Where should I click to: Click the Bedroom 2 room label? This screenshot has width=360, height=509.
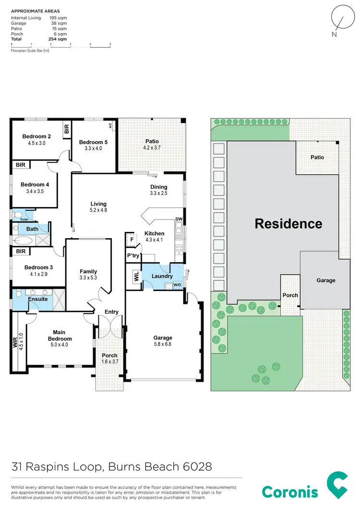click(x=36, y=136)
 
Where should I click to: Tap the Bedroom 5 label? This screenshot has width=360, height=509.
click(x=94, y=142)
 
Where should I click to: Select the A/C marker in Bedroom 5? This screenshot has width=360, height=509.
click(x=110, y=126)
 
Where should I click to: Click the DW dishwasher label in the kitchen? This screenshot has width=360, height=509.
click(x=179, y=219)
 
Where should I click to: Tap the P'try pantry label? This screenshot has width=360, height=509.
click(x=133, y=256)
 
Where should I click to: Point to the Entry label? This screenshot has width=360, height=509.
click(x=111, y=312)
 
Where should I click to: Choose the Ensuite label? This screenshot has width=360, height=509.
click(x=37, y=299)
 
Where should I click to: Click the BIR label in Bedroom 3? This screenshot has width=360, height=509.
click(x=21, y=251)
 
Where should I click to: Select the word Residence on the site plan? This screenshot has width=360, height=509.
click(x=288, y=223)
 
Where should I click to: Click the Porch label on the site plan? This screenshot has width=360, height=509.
click(x=290, y=295)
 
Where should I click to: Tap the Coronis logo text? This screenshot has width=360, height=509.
click(x=290, y=492)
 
